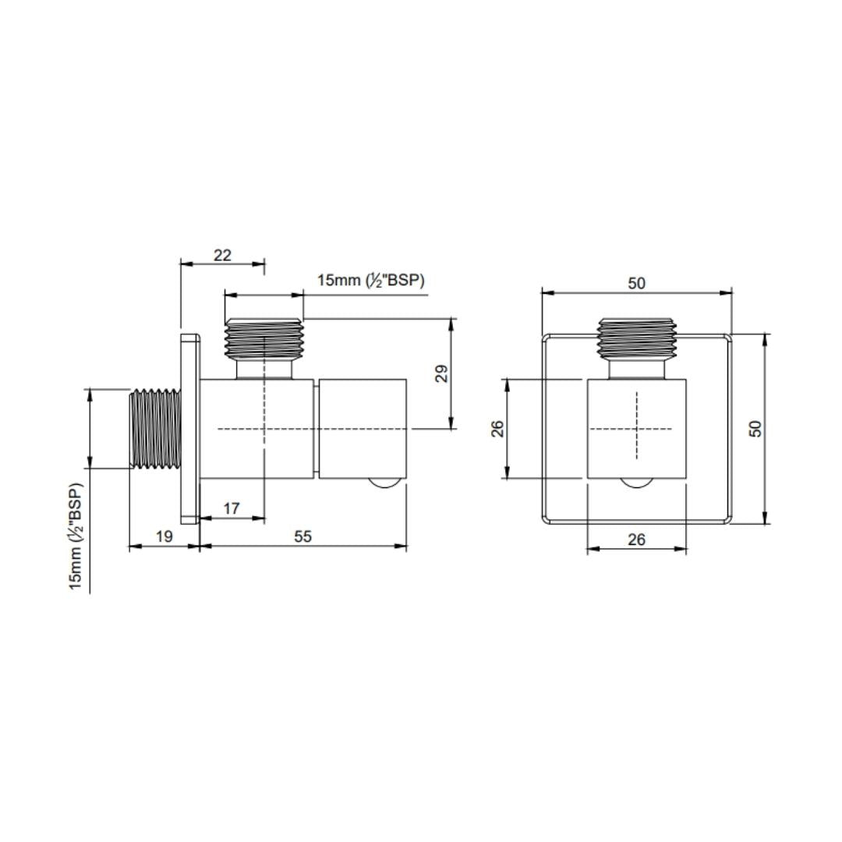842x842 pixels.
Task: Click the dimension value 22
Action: [x=222, y=255]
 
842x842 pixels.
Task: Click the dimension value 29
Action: [x=442, y=373]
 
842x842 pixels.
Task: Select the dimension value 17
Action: [x=231, y=508]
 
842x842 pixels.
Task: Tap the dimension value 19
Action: [x=164, y=537]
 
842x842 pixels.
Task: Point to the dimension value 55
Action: [x=302, y=537]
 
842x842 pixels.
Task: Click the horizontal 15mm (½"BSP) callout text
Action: [x=370, y=281]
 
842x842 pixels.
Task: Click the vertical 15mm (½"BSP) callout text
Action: [x=76, y=536]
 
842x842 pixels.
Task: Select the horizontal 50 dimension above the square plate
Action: [x=637, y=283]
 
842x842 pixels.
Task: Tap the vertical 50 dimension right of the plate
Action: [x=755, y=428]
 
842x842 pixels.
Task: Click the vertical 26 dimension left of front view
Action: [x=497, y=428]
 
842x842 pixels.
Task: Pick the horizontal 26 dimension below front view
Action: [x=636, y=540]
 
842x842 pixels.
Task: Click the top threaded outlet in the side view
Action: [x=264, y=338]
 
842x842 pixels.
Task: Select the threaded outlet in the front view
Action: [x=637, y=338]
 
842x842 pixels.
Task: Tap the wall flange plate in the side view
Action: [x=189, y=428]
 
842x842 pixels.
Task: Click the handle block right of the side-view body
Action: [x=363, y=428]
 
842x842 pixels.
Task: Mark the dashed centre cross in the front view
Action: [x=637, y=428]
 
